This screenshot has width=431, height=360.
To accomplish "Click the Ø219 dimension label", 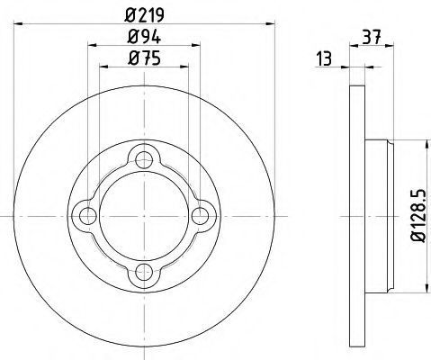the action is pyautogui.click(x=145, y=14).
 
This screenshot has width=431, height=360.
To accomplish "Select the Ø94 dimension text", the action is pyautogui.click(x=144, y=37).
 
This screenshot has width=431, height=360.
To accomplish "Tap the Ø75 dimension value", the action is pyautogui.click(x=144, y=58).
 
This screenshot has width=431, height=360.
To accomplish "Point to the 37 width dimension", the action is pyautogui.click(x=372, y=37).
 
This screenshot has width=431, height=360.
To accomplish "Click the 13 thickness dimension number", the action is pyautogui.click(x=324, y=58).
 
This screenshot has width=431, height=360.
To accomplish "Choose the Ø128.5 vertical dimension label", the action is pyautogui.click(x=418, y=215).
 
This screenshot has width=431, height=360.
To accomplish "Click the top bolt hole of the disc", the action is pyautogui.click(x=144, y=159).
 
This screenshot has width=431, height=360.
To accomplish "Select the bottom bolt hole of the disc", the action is pyautogui.click(x=144, y=273).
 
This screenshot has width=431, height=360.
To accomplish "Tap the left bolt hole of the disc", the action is pyautogui.click(x=87, y=216).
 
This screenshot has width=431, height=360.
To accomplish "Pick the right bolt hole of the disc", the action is pyautogui.click(x=200, y=216).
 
